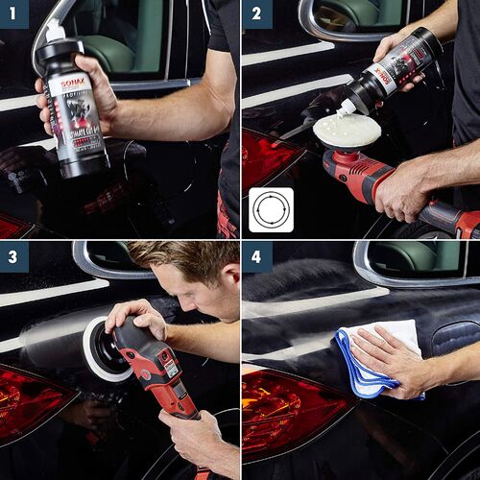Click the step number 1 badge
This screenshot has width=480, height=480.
point(14,14)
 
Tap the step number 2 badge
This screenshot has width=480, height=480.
point(256,14)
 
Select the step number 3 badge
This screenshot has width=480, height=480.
point(14,256)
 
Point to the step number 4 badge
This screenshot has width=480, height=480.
point(256,256)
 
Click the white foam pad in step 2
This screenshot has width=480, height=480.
point(347,131)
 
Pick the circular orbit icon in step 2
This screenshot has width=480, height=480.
point(271,210)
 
